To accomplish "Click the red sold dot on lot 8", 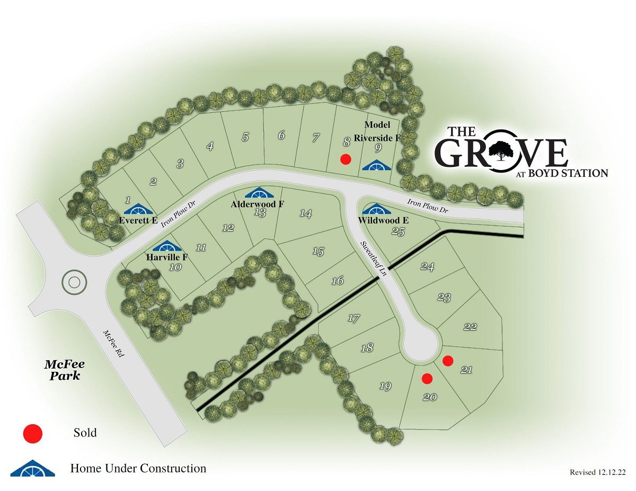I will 346,159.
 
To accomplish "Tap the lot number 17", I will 354,318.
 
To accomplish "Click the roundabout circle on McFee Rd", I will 74,283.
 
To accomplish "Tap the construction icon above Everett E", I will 138,210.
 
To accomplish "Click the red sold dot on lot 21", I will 448,361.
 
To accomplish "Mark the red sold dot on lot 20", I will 427,378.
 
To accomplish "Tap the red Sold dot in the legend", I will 33,433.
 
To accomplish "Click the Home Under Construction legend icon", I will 33,468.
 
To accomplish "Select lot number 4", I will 210,147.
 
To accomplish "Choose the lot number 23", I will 444,298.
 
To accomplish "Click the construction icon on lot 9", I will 376,165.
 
